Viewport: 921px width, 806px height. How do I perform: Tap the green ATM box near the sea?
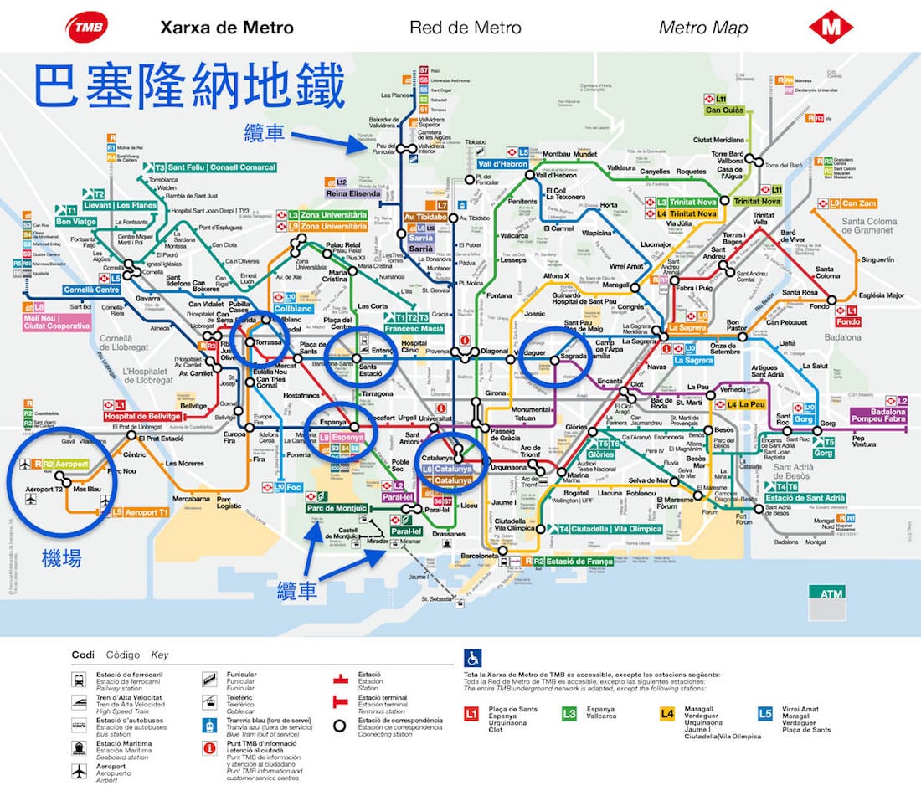826,593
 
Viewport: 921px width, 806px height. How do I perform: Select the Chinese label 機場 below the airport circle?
62,558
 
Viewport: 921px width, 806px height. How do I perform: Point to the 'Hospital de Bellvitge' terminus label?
141,416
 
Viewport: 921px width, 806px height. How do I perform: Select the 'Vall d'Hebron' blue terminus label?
502,164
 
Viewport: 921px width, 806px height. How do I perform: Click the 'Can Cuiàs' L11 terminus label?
725,110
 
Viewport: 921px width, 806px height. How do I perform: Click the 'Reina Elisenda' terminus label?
358,193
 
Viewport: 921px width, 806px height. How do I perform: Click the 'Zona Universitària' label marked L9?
333,227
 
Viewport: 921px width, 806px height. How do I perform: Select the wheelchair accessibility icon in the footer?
472,660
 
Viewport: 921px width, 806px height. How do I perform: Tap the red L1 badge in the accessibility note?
471,714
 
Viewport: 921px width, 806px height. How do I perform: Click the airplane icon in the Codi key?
80,769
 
